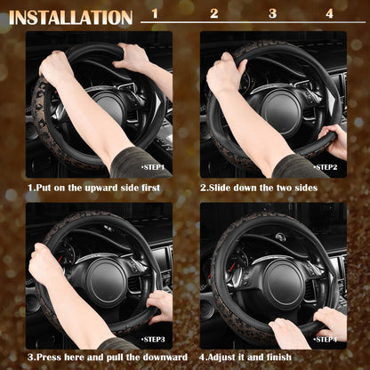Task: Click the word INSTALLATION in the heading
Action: click(71, 17)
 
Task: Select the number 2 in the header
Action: click(213, 14)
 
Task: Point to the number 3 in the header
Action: click(272, 14)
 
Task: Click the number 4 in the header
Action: click(330, 14)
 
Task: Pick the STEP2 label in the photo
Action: click(326, 166)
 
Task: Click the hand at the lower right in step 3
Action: click(160, 304)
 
